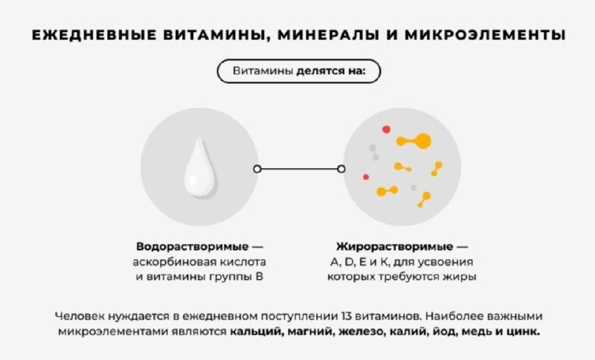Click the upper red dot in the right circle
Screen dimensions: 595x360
386,129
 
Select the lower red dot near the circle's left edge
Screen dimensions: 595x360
366,176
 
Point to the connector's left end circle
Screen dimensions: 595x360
257,169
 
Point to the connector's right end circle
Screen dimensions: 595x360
341,169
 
